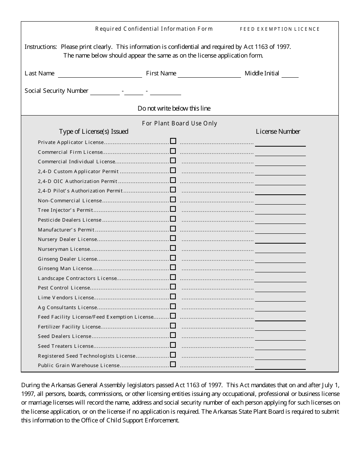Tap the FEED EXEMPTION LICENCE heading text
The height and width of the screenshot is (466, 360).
280,29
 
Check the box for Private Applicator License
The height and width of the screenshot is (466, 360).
173,141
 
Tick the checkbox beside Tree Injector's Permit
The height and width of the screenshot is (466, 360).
173,209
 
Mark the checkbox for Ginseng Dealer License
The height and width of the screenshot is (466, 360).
173,258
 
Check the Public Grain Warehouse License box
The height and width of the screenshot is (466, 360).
173,364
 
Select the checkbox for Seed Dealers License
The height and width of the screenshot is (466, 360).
173,335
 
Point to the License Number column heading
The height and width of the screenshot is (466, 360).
278,131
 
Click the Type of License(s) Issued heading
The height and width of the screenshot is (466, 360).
94,131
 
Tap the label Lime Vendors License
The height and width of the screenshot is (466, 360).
66,298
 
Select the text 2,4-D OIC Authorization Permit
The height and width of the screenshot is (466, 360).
78,181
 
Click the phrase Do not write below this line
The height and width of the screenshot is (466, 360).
174,108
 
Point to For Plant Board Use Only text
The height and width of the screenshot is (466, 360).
180,123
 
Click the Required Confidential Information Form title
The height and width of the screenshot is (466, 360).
154,29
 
